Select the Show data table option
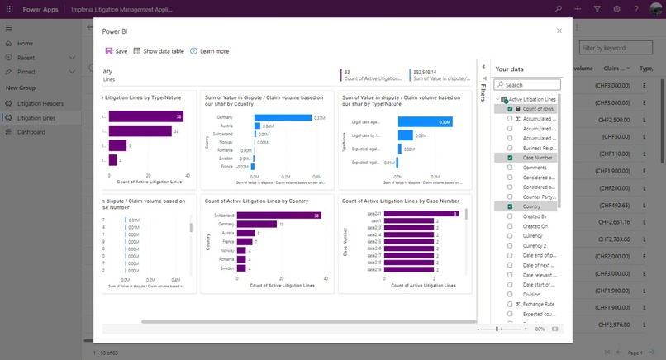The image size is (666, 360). click(x=159, y=51)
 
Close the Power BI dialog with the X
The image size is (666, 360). click(x=559, y=31)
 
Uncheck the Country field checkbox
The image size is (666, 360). click(x=510, y=206)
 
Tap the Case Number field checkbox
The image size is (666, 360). click(x=510, y=158)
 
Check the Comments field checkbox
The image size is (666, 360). click(x=510, y=168)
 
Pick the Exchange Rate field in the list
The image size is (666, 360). click(x=538, y=304)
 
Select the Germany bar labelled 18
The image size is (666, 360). click(x=256, y=225)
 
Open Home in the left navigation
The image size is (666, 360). click(x=25, y=43)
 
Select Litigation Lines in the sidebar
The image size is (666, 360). click(x=36, y=118)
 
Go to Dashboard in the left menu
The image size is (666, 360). click(x=31, y=132)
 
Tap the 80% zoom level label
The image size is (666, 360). click(x=540, y=329)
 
